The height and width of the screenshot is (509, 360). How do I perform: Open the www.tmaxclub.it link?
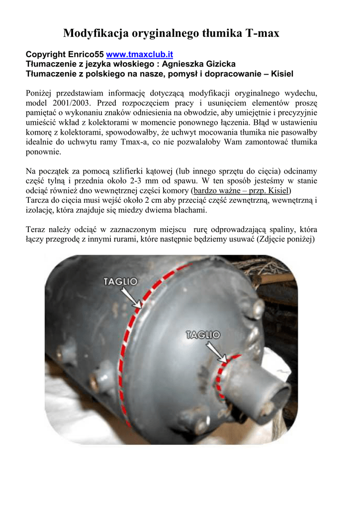tap(140, 54)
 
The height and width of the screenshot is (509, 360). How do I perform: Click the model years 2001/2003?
tap(64, 103)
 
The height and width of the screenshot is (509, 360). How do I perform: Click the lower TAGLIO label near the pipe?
tap(203, 335)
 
